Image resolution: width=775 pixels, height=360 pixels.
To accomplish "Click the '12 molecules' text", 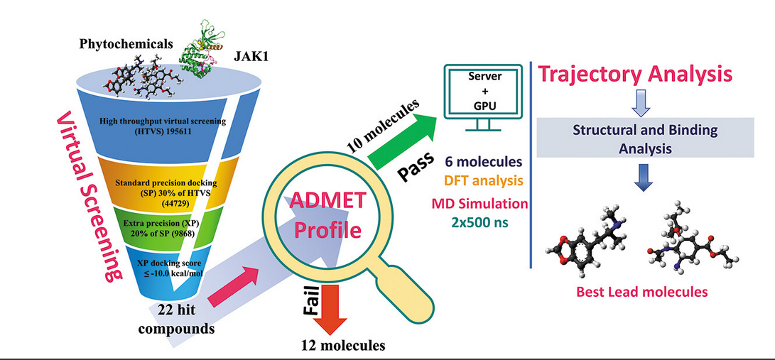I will [x=342, y=346].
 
